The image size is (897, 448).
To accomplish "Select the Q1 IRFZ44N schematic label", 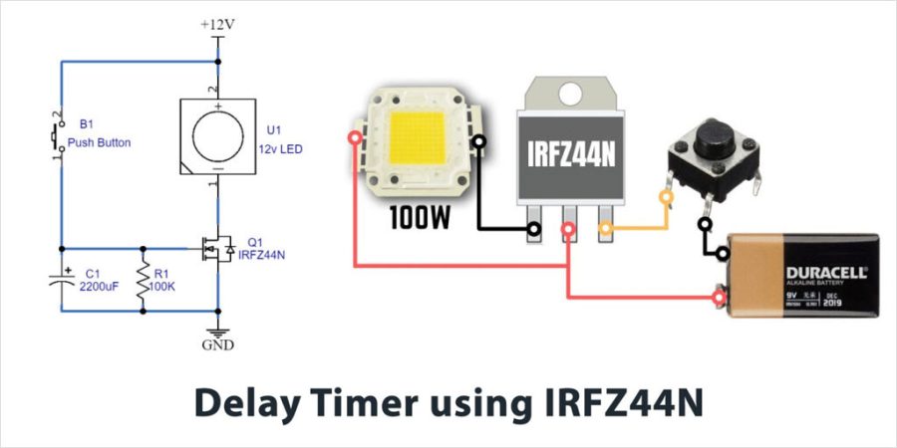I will coord(263,248).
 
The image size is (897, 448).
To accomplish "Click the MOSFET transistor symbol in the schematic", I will coord(216,248).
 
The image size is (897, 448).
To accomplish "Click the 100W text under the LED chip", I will coord(419,215).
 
